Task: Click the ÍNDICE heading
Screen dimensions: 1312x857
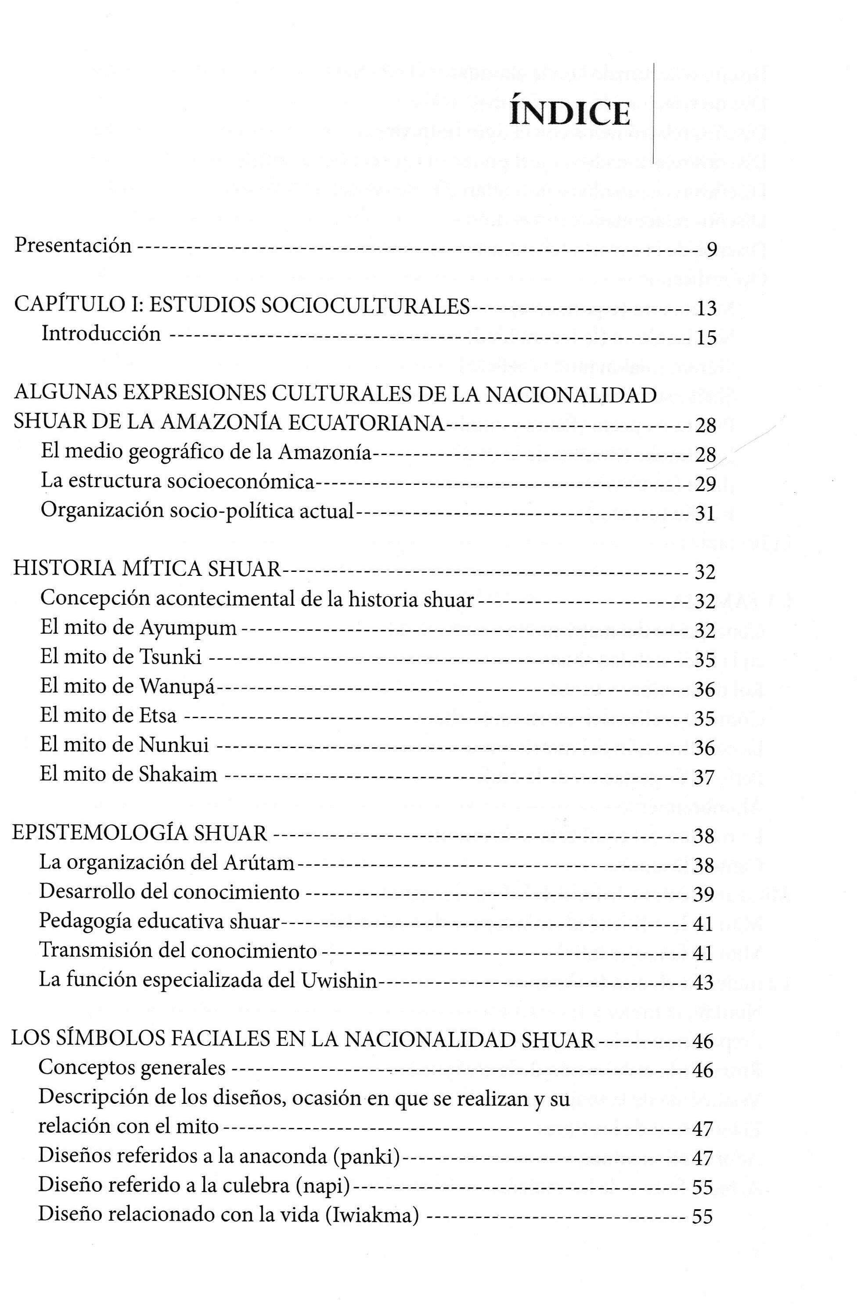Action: click(570, 114)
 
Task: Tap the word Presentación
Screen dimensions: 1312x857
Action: click(73, 245)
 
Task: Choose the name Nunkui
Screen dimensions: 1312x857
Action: click(174, 745)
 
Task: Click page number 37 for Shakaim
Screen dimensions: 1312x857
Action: click(704, 778)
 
